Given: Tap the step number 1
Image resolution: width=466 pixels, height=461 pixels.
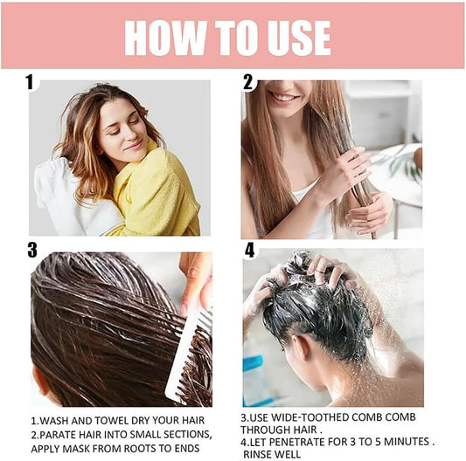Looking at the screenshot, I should [31, 82].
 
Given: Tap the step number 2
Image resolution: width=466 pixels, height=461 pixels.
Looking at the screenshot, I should [249, 82].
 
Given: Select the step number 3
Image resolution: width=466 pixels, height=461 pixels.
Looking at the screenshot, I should [31, 251].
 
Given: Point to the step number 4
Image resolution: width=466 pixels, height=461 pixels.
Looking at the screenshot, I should [250, 251].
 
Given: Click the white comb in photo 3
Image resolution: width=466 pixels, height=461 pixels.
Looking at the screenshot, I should [188, 349].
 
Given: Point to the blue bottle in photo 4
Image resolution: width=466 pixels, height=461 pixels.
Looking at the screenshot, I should [257, 381].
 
